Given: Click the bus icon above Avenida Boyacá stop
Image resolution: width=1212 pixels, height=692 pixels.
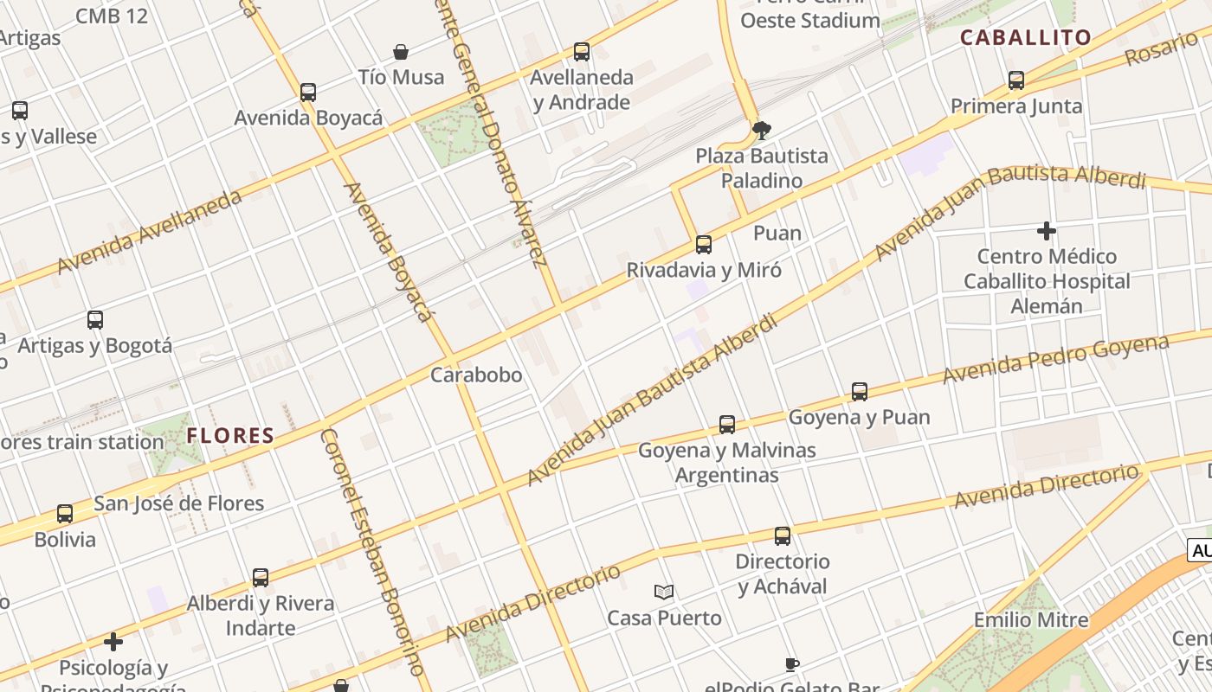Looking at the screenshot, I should (307, 92).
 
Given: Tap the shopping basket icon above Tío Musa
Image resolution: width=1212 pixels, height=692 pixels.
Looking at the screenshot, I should (401, 52).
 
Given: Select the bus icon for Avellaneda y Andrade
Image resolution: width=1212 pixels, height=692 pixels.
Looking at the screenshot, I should (582, 52).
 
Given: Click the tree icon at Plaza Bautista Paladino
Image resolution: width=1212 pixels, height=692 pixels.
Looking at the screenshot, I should (762, 131).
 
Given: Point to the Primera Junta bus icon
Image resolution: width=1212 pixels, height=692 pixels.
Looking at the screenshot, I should (1016, 80).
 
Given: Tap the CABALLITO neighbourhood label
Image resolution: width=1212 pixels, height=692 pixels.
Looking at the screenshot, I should (1026, 37).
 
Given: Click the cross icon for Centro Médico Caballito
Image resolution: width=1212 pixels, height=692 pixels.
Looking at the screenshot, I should (1047, 231).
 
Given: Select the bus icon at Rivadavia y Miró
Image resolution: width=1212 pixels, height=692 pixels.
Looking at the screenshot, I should (704, 245).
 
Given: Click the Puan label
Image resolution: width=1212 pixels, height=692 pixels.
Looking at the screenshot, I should (777, 233).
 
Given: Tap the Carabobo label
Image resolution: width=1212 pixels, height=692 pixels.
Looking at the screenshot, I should (476, 375).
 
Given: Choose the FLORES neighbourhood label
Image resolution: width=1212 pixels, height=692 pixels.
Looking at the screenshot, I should (230, 435).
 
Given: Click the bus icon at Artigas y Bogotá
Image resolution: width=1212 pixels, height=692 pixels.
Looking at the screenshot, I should (95, 320).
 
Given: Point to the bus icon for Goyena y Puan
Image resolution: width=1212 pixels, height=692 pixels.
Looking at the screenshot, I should (860, 392).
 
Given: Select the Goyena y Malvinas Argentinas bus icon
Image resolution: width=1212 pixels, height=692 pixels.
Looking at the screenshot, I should (727, 425).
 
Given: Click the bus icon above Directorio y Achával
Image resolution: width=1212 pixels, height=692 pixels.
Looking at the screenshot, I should (783, 536).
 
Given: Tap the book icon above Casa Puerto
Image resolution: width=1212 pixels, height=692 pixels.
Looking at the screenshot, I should (664, 592).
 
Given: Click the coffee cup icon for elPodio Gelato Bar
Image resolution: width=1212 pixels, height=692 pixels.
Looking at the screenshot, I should (791, 664).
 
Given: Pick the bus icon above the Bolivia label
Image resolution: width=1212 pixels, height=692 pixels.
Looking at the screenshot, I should (65, 514).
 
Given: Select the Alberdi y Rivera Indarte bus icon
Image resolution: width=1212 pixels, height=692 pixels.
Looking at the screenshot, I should (261, 578).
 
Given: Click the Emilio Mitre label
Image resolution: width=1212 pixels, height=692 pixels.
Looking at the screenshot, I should (1030, 619).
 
